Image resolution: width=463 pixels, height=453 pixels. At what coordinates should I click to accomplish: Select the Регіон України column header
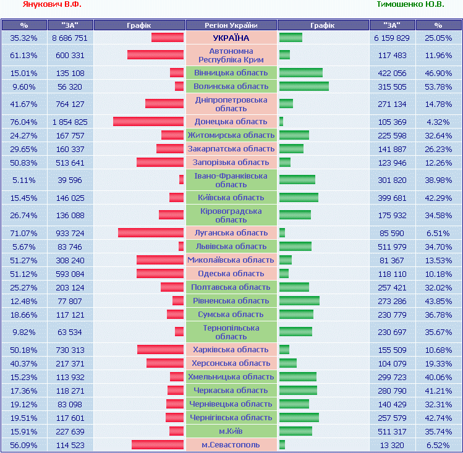(x=231, y=25)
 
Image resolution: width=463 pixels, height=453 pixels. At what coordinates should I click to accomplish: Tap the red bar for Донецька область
(x=148, y=122)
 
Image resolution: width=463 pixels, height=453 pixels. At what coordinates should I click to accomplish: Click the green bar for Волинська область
(x=304, y=87)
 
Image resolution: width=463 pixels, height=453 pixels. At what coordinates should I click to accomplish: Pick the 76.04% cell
(x=24, y=122)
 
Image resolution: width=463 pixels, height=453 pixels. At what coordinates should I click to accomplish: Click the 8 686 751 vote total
(x=70, y=38)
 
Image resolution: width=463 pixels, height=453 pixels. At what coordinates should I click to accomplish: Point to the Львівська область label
(x=231, y=247)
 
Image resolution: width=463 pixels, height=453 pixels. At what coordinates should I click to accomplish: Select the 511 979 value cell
(x=392, y=247)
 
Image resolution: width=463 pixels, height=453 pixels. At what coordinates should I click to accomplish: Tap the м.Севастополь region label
(x=231, y=445)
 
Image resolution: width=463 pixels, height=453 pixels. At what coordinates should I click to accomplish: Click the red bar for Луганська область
(x=151, y=233)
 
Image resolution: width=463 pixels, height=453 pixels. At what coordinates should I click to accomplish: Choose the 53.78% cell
(x=438, y=87)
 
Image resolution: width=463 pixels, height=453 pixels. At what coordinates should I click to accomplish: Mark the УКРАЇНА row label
(x=231, y=38)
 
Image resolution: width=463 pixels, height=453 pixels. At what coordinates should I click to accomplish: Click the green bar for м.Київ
(x=295, y=431)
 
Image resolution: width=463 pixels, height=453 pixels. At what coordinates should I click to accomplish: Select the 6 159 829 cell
(x=392, y=38)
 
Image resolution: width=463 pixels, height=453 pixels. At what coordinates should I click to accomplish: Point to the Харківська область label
(x=231, y=350)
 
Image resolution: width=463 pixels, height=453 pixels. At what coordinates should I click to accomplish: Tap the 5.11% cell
(x=24, y=180)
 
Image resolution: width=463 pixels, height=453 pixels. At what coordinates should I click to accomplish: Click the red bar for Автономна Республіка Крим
(x=156, y=55)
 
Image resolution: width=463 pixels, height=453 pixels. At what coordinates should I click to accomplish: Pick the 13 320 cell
(x=392, y=445)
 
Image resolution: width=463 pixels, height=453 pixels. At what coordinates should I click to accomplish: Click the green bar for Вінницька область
(x=301, y=73)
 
